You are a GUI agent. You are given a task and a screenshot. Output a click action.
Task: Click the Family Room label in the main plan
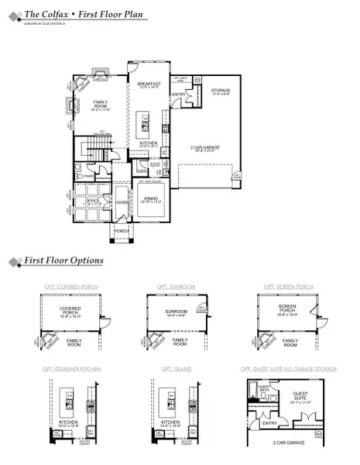point(101,105)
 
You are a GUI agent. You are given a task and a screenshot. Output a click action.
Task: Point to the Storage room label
point(220,91)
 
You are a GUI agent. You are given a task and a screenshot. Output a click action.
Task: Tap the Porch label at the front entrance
point(120,230)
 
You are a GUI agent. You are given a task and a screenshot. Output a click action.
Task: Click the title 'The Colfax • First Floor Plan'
point(71,14)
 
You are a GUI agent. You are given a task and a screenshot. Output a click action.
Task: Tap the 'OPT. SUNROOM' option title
point(180,286)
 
